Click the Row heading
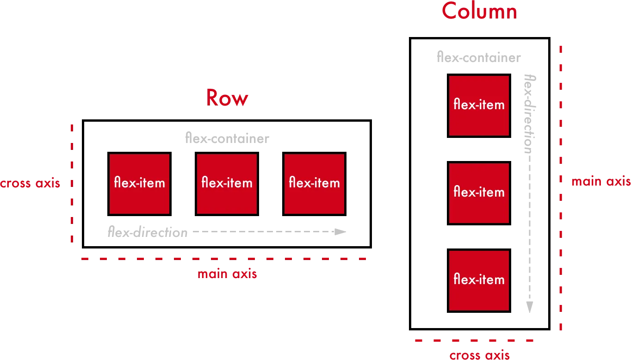(227, 98)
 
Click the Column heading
(479, 11)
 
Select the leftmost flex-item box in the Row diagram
(139, 184)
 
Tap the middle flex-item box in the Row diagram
(227, 184)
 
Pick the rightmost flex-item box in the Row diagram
(314, 184)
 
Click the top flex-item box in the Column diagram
(479, 106)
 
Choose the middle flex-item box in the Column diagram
(479, 193)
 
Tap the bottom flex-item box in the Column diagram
(479, 280)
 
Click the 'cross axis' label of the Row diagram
(30, 183)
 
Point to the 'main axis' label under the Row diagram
(227, 274)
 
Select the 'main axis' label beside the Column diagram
(601, 181)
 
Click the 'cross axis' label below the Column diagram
(480, 355)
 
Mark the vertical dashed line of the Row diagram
(72, 185)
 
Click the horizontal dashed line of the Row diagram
(223, 259)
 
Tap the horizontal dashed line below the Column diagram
(475, 341)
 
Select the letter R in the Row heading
(212, 98)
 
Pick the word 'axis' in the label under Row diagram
(245, 274)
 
